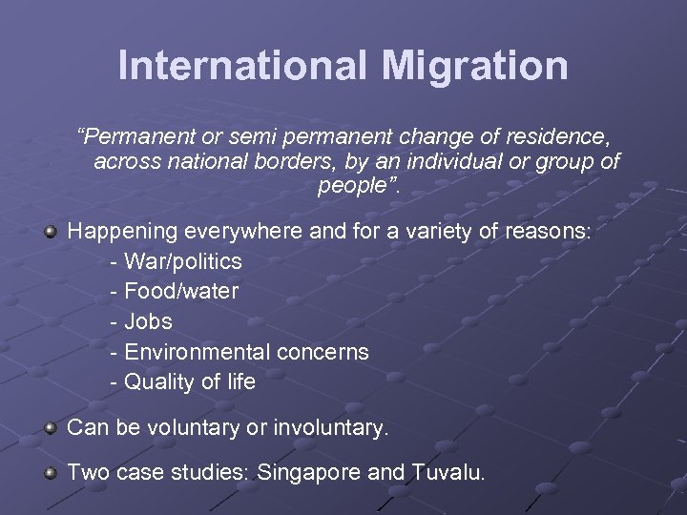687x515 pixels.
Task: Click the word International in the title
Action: [241, 65]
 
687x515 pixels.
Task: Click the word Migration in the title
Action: [475, 65]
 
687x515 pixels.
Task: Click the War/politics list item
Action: [182, 261]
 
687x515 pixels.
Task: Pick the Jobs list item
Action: [148, 321]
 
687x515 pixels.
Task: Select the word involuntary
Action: [332, 428]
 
